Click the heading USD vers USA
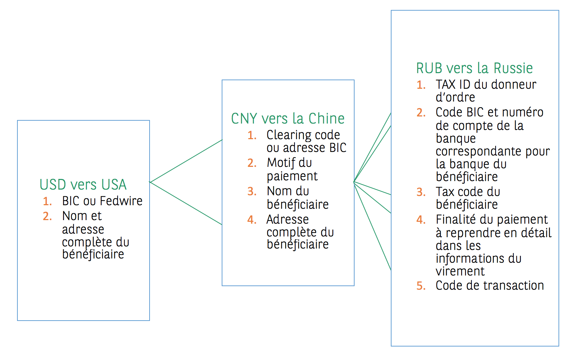(83, 185)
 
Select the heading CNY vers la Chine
(288, 118)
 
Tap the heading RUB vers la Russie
(474, 68)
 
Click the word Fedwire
(121, 201)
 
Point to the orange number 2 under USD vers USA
(47, 216)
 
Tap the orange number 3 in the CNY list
(252, 191)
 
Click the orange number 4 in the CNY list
(252, 219)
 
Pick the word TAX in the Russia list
(446, 84)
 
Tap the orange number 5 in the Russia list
(421, 286)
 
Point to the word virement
(460, 271)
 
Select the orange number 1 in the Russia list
(421, 85)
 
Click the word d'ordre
(455, 97)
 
